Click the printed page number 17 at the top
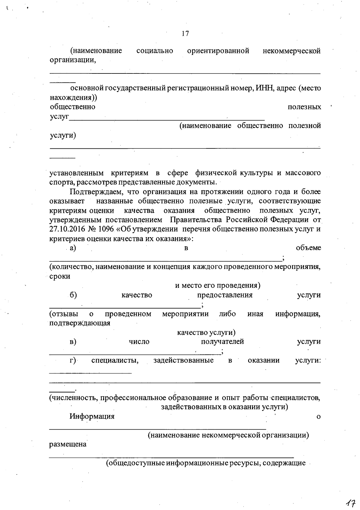click(185, 33)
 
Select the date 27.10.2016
click(67, 229)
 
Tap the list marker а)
click(73, 248)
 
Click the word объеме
click(308, 248)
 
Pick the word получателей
click(222, 342)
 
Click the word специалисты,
click(115, 360)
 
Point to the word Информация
click(92, 416)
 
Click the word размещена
click(68, 444)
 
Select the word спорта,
click(62, 182)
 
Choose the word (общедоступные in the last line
click(135, 463)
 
